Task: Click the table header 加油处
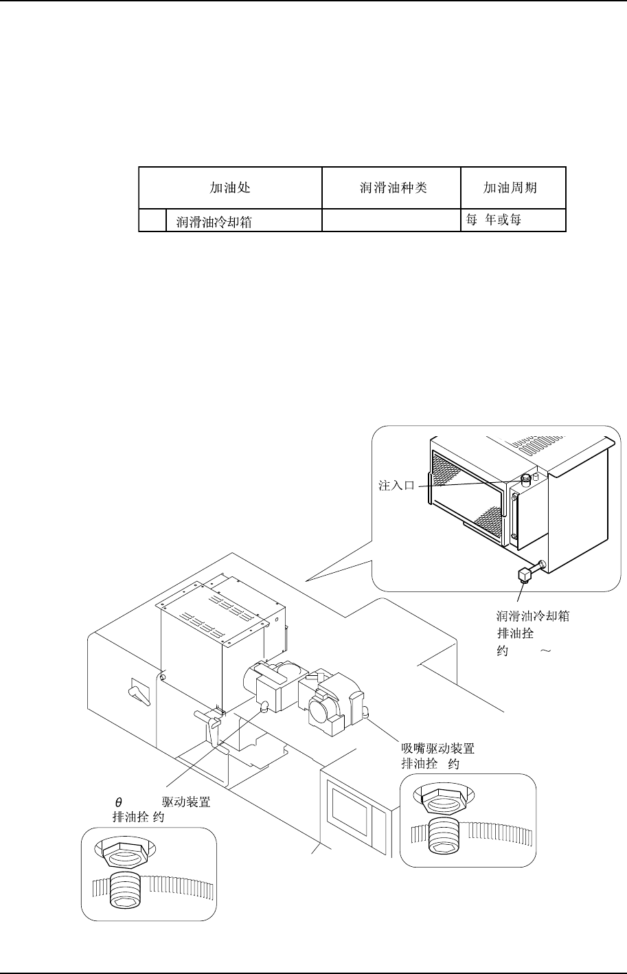230,187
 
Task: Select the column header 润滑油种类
393,187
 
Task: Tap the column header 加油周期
510,187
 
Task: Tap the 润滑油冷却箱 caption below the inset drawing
532,616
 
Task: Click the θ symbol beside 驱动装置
118,802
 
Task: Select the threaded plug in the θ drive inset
128,889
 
